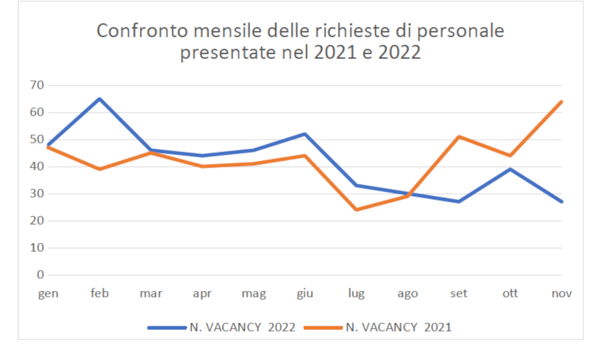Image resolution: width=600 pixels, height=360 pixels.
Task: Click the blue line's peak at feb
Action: point(99,99)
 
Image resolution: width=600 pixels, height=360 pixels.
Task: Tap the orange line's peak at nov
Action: point(562,101)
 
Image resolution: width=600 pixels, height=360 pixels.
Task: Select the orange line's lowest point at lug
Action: point(356,210)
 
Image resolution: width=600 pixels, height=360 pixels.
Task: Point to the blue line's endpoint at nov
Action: point(562,202)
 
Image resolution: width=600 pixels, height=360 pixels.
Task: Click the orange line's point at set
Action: point(459,137)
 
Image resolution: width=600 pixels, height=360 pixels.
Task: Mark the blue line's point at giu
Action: point(305,134)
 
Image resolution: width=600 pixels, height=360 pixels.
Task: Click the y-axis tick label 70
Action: point(37,85)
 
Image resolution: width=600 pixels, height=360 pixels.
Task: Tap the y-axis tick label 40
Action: point(37,167)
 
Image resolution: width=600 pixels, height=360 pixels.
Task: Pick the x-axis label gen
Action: point(47,293)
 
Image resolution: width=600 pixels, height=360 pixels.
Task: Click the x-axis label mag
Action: point(253,293)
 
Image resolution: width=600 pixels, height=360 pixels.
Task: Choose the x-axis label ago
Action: point(407,293)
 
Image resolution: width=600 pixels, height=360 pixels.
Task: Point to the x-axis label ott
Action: point(510,293)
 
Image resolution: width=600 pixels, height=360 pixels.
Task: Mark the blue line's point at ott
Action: point(510,169)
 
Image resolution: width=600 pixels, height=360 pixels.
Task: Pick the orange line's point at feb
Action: point(99,169)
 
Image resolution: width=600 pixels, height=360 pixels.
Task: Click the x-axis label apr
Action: point(202,293)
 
